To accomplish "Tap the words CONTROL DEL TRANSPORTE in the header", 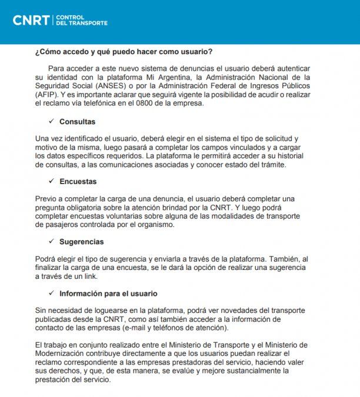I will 81,21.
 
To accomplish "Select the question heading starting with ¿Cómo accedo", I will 124,51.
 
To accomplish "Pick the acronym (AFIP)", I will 46,94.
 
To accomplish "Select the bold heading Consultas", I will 77,122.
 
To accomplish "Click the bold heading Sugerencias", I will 81,242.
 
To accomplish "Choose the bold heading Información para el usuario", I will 108,293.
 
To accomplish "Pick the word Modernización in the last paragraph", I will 63,353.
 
